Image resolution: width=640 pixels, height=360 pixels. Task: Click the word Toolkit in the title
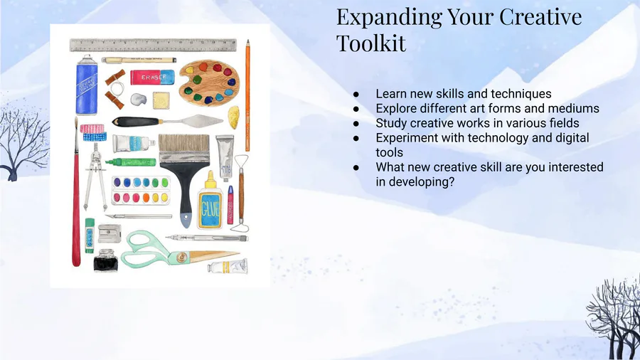click(371, 43)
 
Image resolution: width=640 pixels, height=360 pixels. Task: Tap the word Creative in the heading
click(540, 17)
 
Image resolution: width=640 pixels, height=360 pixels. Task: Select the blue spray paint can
click(87, 85)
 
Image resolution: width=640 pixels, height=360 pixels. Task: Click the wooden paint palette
click(208, 83)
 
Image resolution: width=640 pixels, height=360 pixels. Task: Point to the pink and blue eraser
click(152, 77)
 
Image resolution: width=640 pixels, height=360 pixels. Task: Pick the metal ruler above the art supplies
click(153, 45)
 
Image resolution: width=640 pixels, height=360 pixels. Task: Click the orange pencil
click(247, 95)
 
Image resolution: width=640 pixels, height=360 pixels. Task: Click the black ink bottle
click(105, 260)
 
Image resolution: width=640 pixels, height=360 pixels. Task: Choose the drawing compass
click(95, 176)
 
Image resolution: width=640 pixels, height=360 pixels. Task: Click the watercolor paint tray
click(141, 190)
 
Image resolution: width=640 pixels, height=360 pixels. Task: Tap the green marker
click(131, 162)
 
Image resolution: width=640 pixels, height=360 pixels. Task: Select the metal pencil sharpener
click(109, 234)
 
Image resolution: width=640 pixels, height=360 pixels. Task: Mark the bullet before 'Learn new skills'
click(356, 95)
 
